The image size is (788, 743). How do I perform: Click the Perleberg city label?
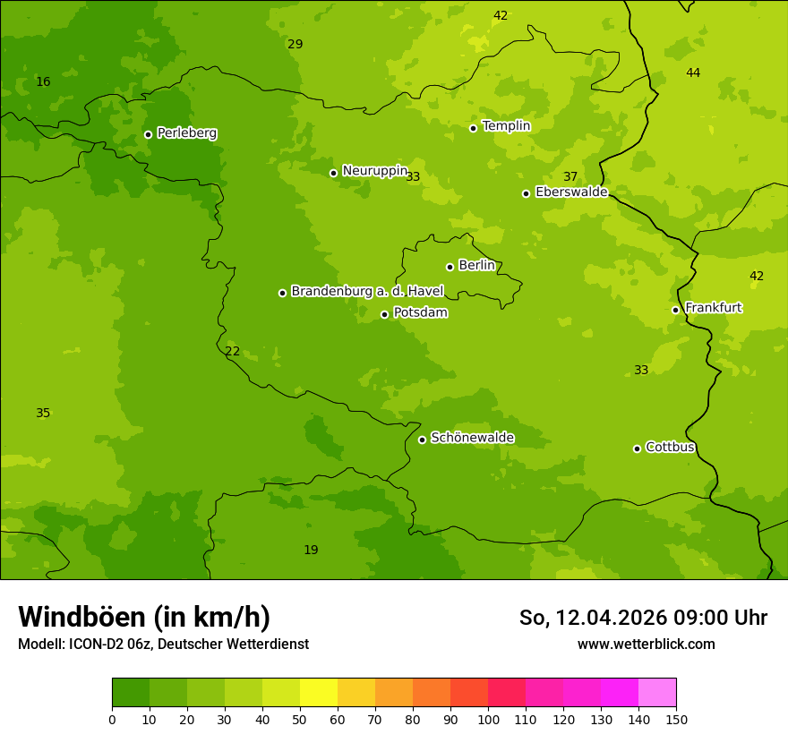(186, 133)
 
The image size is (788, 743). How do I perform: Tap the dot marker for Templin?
(473, 128)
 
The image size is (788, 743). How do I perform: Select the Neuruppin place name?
(374, 171)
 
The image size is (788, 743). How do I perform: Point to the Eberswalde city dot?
(526, 193)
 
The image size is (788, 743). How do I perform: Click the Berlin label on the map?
(476, 266)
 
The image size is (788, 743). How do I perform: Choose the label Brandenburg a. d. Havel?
(367, 291)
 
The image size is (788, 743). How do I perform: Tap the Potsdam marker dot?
(384, 314)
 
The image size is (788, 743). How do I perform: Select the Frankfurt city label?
(713, 308)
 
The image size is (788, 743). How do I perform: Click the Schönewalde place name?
(472, 438)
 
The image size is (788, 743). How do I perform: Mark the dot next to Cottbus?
(637, 448)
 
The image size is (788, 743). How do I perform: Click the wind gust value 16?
(43, 82)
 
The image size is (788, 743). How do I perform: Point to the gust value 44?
(693, 73)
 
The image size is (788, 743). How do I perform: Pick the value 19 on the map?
(311, 550)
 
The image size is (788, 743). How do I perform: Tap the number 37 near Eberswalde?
(570, 176)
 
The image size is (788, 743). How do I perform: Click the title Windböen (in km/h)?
(144, 617)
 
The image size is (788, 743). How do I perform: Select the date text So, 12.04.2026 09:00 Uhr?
(643, 618)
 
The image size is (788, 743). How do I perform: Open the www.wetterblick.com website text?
(646, 644)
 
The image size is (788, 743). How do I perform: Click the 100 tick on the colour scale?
(488, 719)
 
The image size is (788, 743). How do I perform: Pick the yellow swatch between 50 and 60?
(319, 693)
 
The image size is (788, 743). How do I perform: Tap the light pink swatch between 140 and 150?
(657, 693)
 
